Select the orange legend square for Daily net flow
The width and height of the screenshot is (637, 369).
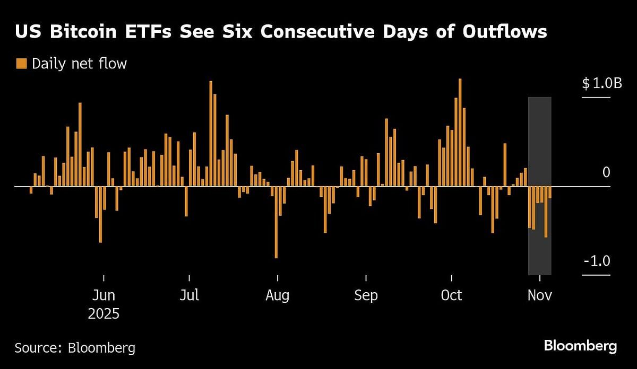(21, 64)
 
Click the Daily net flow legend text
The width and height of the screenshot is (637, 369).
(79, 64)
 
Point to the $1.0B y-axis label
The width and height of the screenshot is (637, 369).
(601, 83)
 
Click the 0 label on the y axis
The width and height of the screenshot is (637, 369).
(606, 172)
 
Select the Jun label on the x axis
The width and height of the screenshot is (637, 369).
(104, 295)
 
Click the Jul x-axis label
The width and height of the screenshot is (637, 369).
(189, 295)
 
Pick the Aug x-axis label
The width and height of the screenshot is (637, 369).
(277, 295)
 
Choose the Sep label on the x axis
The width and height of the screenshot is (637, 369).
(366, 295)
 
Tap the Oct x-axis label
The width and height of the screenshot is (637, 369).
(452, 295)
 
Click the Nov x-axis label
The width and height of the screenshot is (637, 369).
(540, 295)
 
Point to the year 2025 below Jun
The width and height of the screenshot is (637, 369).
(104, 313)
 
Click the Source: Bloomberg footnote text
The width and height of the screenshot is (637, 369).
(75, 348)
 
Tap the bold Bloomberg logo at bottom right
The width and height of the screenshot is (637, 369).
(580, 346)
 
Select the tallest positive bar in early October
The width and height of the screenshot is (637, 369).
(460, 133)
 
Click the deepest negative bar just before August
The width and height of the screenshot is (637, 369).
(276, 222)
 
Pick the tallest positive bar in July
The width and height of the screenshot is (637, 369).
(211, 134)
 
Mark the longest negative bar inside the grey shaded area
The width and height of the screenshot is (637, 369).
(546, 212)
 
